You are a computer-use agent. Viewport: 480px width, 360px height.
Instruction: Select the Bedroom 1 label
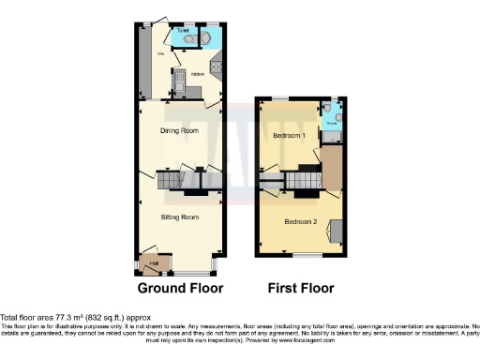[x=290, y=136]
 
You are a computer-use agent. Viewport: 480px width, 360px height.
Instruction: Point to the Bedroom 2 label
[x=301, y=221]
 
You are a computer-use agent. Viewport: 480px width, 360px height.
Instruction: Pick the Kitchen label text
[x=197, y=73]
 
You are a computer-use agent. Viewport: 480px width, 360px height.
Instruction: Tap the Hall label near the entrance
[x=151, y=264]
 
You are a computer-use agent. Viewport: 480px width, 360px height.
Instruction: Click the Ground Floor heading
[x=179, y=288]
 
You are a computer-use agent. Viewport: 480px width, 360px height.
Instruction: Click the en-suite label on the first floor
[x=331, y=122]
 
